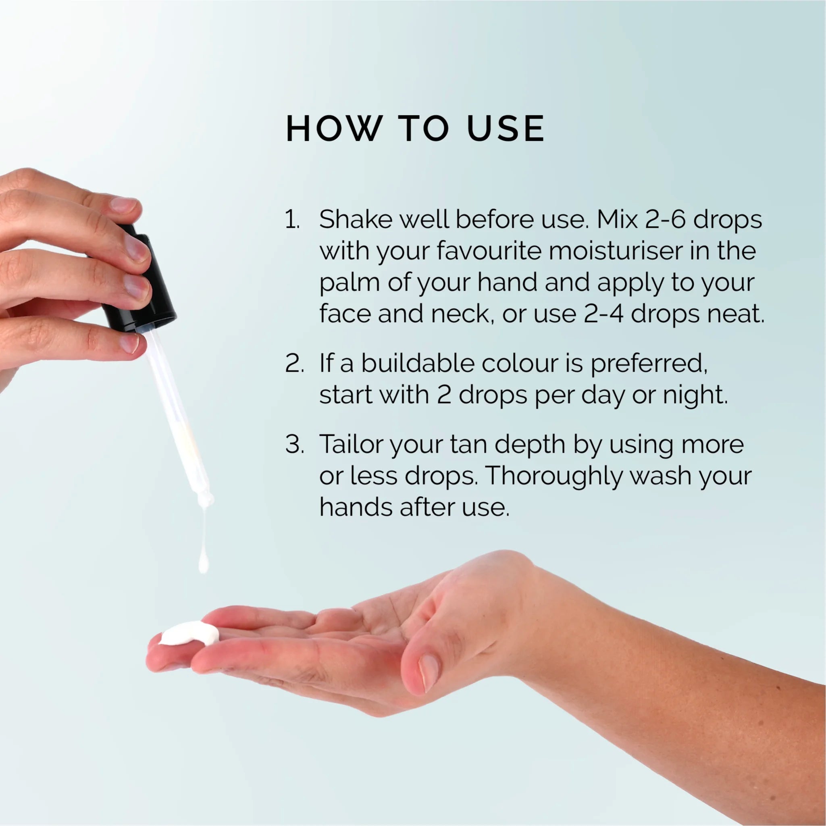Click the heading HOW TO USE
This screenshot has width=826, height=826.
point(415,128)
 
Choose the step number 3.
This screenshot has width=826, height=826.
point(294,444)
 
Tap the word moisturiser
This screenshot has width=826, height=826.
point(615,251)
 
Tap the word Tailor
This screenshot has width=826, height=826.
point(351,444)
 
